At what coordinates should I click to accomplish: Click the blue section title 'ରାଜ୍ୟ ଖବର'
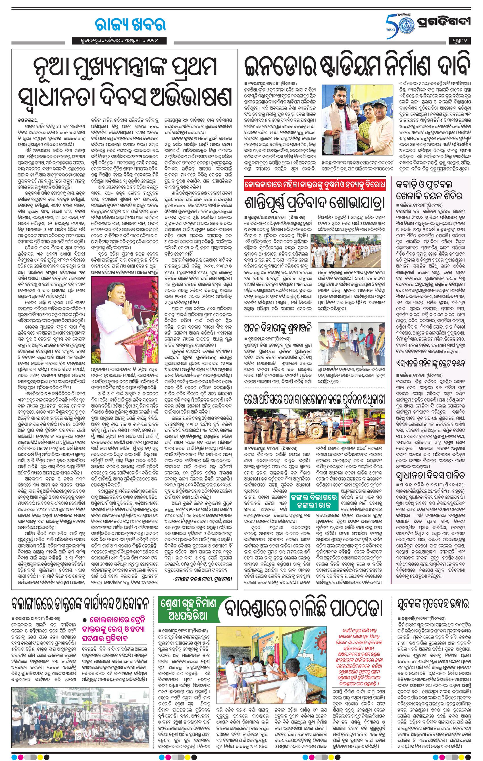click(x=130, y=25)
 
